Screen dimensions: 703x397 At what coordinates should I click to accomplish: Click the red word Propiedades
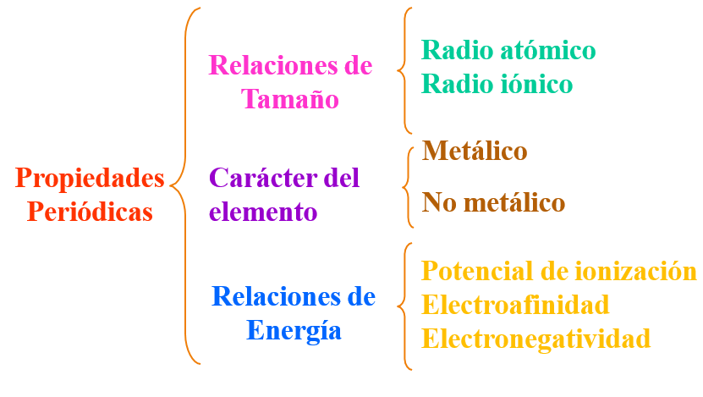pyautogui.click(x=90, y=179)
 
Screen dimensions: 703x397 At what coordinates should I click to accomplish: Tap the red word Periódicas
pyautogui.click(x=90, y=211)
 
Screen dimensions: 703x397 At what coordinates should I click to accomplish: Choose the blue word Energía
pyautogui.click(x=294, y=329)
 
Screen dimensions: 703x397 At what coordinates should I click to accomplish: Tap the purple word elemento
pyautogui.click(x=263, y=211)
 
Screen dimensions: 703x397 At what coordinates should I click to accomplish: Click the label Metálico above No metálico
pyautogui.click(x=475, y=152)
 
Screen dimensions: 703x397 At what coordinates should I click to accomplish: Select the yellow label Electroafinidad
pyautogui.click(x=515, y=304)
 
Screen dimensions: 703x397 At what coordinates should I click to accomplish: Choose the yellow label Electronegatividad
pyautogui.click(x=536, y=339)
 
